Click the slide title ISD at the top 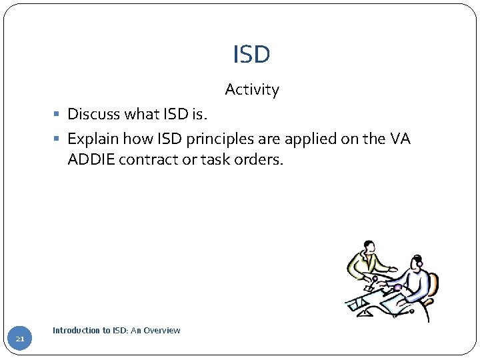coord(251,55)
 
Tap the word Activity coord(252,89)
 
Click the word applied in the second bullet coord(316,139)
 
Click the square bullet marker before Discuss coord(59,115)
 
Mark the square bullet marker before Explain coord(59,139)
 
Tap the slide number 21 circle coord(20,339)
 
